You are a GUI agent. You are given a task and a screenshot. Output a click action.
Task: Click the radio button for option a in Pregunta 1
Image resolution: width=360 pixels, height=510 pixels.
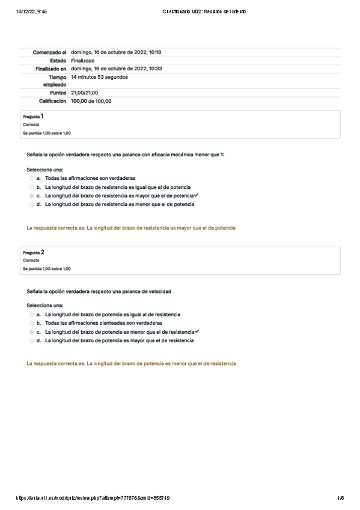pos(31,179)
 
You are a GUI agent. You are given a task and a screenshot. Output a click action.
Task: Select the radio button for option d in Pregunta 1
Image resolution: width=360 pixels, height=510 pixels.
pos(31,204)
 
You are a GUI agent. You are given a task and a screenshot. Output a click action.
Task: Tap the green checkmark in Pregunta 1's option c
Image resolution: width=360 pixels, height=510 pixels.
pos(197,195)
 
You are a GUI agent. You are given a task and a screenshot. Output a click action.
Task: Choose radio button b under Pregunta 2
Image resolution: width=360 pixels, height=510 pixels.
pos(31,323)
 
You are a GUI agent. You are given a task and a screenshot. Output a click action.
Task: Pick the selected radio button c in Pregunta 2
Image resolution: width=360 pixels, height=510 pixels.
pos(31,332)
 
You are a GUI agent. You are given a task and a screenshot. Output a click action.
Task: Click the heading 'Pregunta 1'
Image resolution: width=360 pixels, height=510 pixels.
pos(33,115)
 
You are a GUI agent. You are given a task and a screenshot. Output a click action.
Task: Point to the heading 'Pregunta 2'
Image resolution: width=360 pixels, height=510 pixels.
pos(33,252)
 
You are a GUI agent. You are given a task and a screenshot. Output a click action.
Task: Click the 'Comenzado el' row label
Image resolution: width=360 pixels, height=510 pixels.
pos(50,52)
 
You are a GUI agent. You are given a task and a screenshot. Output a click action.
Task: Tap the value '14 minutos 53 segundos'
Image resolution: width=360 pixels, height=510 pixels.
pos(99,77)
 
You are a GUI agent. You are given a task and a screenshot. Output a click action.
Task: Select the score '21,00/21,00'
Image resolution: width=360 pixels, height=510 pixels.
pos(84,93)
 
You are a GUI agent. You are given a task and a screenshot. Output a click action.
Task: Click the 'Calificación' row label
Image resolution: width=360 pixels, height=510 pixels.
pos(52,102)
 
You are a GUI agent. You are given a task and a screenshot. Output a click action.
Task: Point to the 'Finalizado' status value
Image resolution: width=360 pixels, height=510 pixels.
pos(82,61)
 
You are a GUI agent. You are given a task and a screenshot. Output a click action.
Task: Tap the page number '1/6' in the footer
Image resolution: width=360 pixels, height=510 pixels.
pos(340,497)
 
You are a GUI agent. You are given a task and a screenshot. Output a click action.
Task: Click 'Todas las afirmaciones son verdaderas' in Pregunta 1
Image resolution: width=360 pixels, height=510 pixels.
pos(90,179)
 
